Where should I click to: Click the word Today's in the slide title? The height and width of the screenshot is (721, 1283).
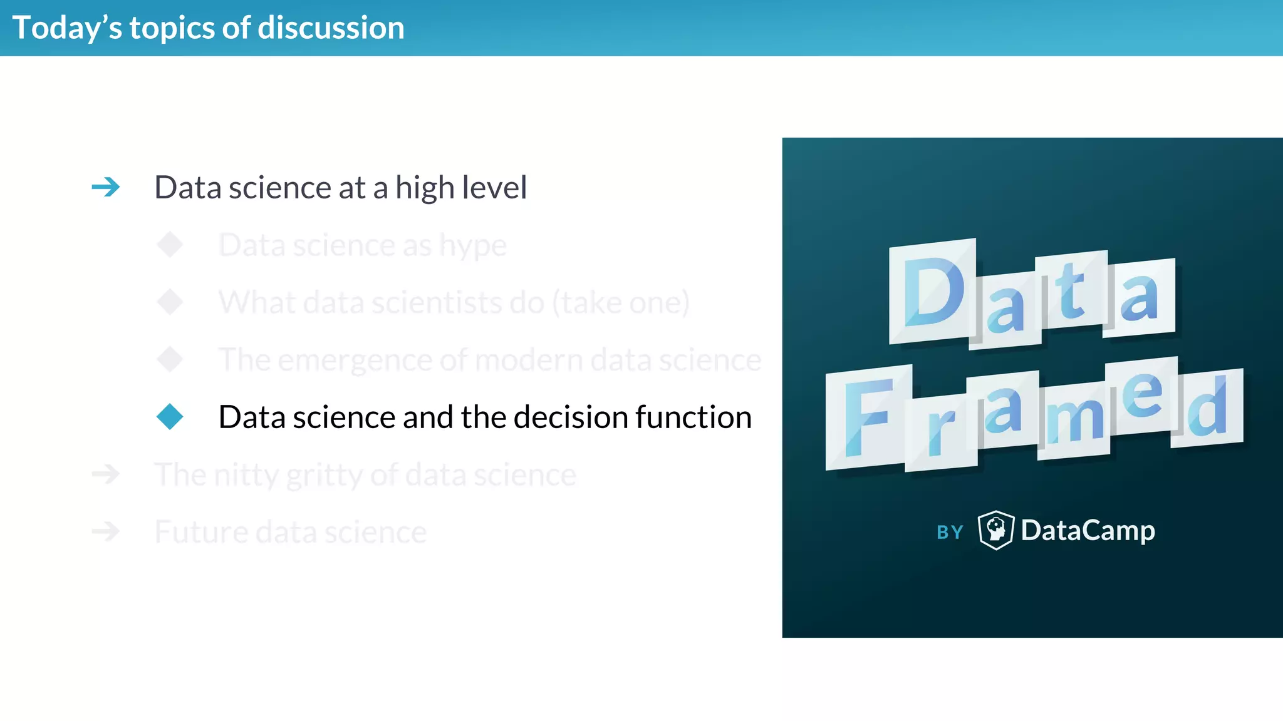[x=67, y=28]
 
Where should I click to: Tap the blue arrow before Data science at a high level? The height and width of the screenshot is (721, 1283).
[x=106, y=187]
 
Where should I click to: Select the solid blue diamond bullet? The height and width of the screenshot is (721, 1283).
[x=170, y=417]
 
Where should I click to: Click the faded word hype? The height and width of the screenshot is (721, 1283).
[x=472, y=245]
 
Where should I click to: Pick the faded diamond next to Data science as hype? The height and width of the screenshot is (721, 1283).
[x=170, y=245]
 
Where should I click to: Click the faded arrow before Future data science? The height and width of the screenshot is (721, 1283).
[x=106, y=531]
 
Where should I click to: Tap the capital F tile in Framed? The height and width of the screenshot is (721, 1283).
[x=868, y=417]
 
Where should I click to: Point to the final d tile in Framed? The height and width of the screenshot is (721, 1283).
[x=1207, y=408]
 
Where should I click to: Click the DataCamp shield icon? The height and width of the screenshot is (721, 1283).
[x=995, y=530]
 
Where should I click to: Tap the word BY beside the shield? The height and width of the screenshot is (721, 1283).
[x=950, y=533]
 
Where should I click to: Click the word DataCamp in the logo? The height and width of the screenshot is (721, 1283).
[x=1088, y=531]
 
